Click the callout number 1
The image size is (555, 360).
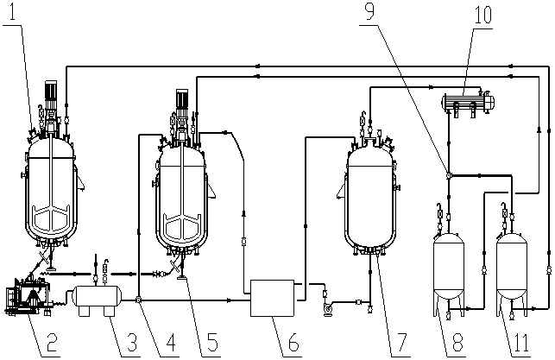(13, 12)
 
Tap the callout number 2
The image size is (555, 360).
(52, 342)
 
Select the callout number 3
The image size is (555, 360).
(132, 342)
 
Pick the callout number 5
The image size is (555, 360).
(212, 342)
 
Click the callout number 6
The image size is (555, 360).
(293, 342)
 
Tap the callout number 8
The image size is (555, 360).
(457, 342)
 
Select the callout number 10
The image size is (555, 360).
(482, 15)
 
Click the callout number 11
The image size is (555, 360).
(521, 342)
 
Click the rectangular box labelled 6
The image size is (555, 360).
(272, 298)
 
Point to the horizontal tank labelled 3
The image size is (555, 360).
(97, 298)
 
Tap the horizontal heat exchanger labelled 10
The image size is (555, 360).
(468, 103)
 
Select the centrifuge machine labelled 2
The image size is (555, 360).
(27, 297)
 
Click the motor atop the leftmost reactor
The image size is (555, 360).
(51, 91)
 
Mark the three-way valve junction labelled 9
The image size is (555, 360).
(449, 175)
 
